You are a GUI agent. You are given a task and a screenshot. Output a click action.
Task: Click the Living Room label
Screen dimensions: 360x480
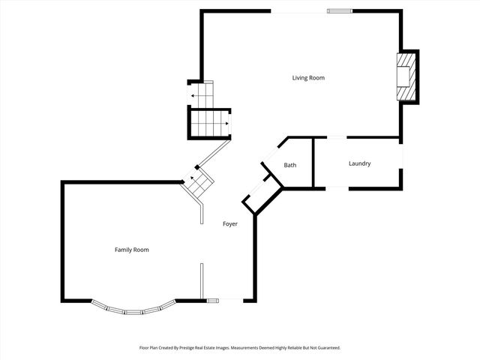[308, 77]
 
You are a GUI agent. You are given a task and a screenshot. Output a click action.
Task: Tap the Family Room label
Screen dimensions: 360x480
[131, 250]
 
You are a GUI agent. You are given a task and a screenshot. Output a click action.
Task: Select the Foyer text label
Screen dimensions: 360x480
[230, 224]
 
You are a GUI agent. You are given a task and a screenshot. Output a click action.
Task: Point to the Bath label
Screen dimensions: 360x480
[290, 165]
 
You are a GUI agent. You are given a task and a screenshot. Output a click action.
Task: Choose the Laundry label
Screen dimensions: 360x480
[359, 163]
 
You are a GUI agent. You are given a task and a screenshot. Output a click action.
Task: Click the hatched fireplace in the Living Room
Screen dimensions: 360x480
[405, 76]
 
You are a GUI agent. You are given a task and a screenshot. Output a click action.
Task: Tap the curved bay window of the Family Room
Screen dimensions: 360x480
[134, 308]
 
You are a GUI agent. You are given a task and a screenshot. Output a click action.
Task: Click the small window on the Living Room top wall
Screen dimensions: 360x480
[339, 10]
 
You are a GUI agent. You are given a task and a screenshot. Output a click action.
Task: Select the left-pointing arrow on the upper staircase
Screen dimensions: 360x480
[193, 96]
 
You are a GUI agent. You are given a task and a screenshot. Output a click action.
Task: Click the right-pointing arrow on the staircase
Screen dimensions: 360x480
[224, 121]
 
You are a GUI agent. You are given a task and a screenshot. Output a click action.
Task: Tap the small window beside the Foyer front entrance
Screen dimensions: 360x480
[212, 301]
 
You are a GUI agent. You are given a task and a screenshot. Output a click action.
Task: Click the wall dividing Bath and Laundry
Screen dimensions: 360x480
[313, 162]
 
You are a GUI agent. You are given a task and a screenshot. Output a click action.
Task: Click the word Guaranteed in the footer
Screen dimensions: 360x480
[326, 348]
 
